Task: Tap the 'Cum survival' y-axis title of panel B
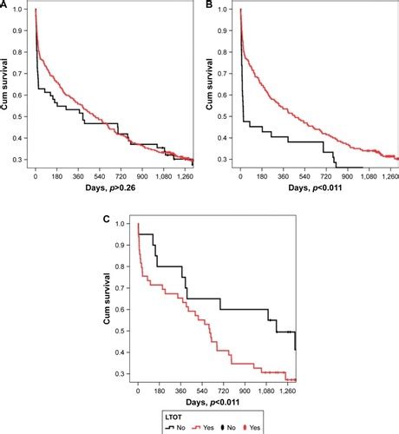(213, 87)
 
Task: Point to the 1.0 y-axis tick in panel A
(23, 10)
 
